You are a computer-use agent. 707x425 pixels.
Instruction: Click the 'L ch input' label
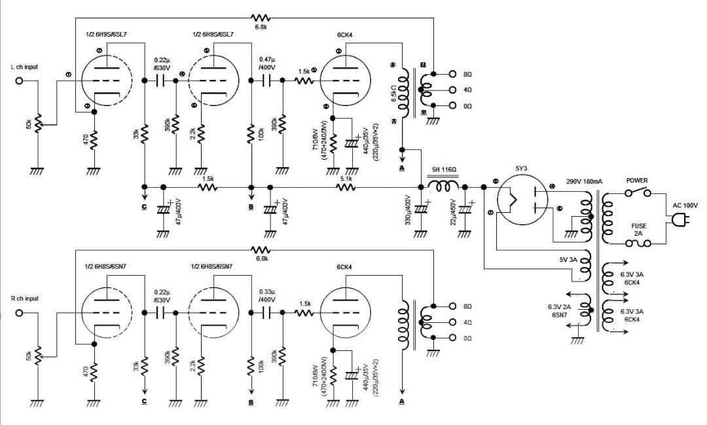pyautogui.click(x=24, y=67)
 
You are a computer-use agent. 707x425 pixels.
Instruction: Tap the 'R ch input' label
pyautogui.click(x=25, y=299)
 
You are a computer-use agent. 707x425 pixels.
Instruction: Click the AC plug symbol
pyautogui.click(x=678, y=221)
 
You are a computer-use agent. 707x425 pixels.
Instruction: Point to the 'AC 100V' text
pyautogui.click(x=685, y=205)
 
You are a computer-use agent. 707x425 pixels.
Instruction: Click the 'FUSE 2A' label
pyautogui.click(x=638, y=229)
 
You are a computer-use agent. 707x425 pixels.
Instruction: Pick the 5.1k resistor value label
pyautogui.click(x=346, y=178)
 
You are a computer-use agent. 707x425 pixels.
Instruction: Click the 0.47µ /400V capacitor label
pyautogui.click(x=266, y=63)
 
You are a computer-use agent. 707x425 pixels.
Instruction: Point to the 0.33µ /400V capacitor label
pyautogui.click(x=266, y=295)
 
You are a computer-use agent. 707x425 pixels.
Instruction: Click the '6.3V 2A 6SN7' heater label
pyautogui.click(x=559, y=310)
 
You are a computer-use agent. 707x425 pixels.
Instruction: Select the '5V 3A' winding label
pyautogui.click(x=568, y=260)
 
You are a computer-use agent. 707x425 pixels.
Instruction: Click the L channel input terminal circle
pyautogui.click(x=20, y=82)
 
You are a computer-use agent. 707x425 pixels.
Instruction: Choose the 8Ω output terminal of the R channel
pyautogui.click(x=452, y=306)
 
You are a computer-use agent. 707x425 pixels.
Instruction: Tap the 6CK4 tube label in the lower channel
pyautogui.click(x=344, y=267)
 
